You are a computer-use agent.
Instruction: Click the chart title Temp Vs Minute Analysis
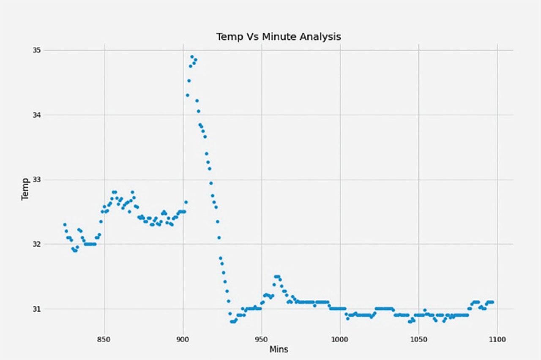(279, 37)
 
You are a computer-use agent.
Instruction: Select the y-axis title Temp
(26, 189)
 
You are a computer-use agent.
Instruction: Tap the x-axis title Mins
(279, 349)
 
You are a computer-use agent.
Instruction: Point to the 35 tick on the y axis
(37, 50)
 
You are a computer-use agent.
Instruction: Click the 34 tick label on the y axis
(37, 115)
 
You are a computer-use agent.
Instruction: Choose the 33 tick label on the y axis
(37, 180)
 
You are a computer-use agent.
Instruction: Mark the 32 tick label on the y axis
(37, 244)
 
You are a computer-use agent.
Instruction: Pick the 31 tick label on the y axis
(37, 309)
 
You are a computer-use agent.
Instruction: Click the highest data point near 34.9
(192, 57)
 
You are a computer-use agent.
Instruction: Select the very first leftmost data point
(65, 224)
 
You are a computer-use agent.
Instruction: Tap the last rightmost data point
(492, 302)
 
